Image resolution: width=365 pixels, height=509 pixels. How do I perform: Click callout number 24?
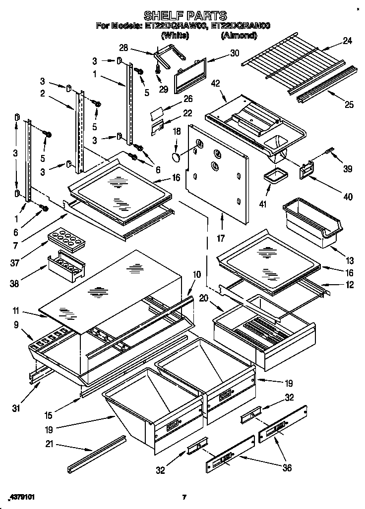pos(347,42)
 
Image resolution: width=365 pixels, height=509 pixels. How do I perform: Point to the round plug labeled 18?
pos(176,158)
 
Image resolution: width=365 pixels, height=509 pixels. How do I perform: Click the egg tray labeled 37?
pos(65,241)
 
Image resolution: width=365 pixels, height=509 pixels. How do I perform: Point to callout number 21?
pos(48,444)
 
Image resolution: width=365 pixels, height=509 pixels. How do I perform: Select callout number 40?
pos(348,197)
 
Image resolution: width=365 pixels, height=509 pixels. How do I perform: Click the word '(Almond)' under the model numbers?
pos(238,35)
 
